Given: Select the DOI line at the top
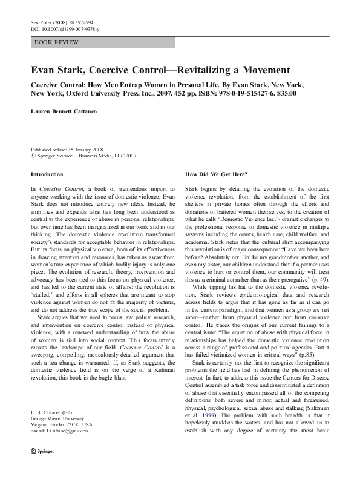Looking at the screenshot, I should (x=65, y=28).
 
